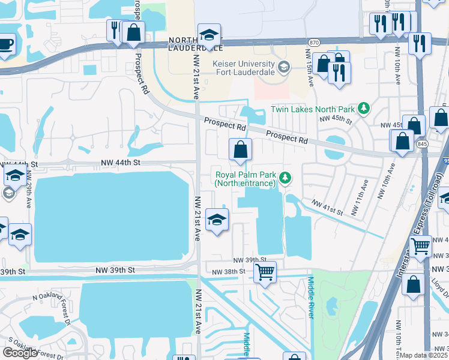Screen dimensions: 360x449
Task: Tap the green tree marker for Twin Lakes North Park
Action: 363,109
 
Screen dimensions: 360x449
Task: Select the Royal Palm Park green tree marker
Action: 286,177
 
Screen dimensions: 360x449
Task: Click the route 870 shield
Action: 314,43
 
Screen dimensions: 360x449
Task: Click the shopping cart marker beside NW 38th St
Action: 265,272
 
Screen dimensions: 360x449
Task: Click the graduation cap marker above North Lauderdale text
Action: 209,34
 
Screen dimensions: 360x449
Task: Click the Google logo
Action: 20,353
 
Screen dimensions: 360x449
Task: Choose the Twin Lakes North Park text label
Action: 312,109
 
